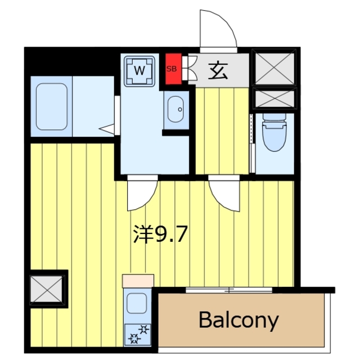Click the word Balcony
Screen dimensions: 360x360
point(238,320)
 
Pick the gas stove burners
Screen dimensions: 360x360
point(138,334)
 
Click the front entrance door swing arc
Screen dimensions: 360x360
point(218,31)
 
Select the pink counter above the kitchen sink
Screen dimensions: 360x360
point(138,279)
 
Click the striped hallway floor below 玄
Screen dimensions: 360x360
point(222,129)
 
